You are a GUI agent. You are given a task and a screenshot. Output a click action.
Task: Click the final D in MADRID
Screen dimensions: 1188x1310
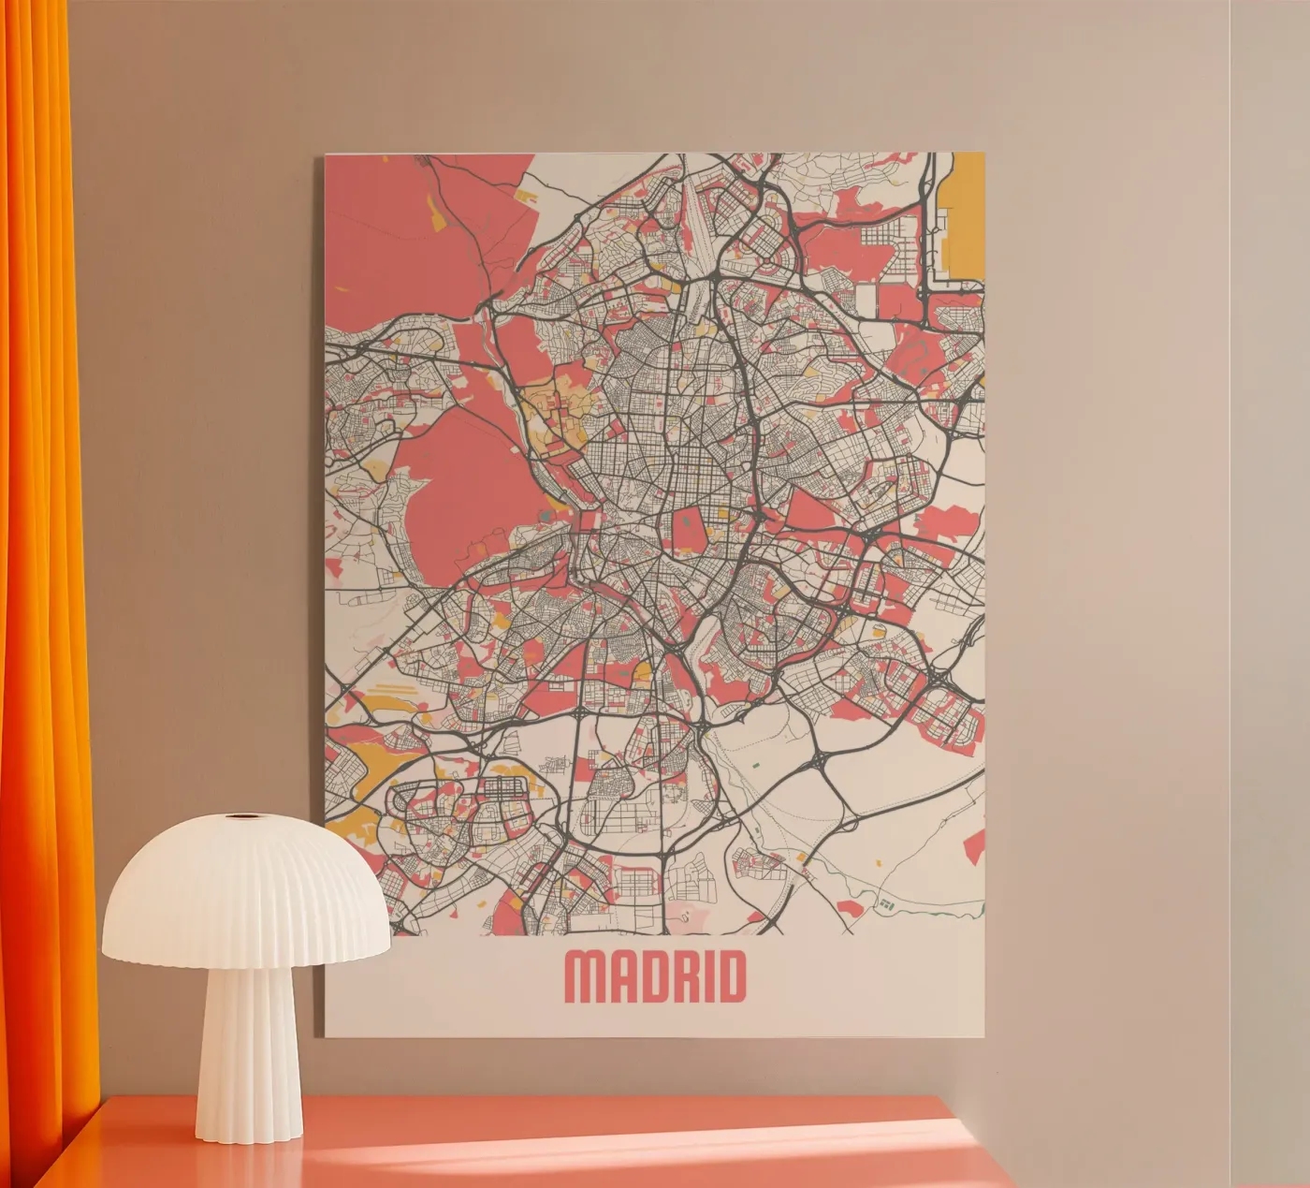732,978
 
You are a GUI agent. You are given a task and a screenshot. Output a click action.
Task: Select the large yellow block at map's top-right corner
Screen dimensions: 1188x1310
966,220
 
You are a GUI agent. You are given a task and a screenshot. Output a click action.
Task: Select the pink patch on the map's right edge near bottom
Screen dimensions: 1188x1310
975,847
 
